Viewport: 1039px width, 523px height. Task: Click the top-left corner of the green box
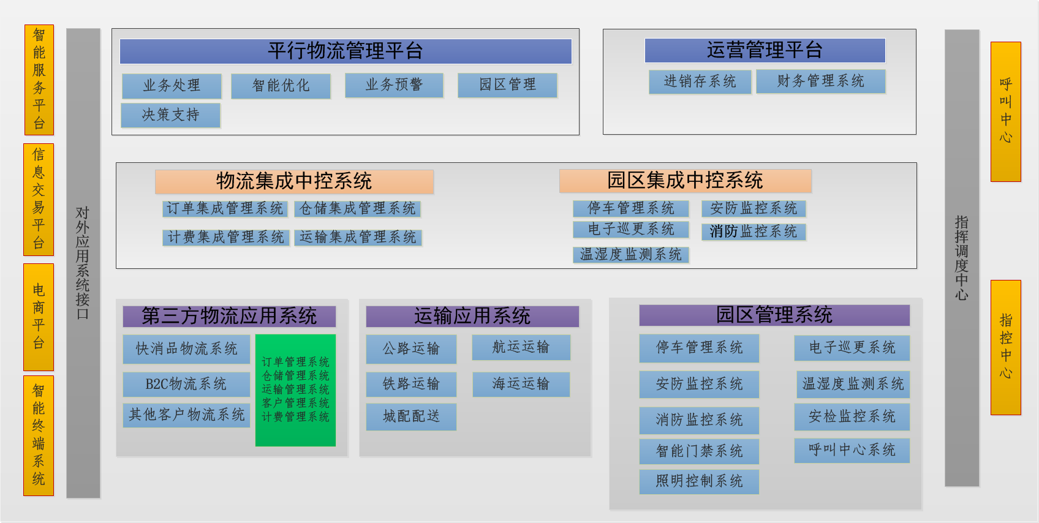coord(255,335)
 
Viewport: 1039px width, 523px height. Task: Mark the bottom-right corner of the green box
coord(336,446)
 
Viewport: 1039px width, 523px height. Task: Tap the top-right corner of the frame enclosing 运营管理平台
coord(916,29)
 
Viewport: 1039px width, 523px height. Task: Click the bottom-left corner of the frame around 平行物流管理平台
coord(111,135)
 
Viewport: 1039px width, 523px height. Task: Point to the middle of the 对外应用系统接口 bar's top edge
coord(83,29)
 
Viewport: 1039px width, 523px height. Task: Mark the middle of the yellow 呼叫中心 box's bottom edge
coord(1005,181)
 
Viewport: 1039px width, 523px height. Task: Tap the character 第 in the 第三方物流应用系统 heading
coord(151,316)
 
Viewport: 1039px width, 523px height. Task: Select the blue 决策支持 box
coord(171,115)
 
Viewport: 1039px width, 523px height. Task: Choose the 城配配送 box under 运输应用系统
coord(412,416)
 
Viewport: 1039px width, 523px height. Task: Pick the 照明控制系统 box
coord(699,481)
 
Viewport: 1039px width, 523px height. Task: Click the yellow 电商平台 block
coord(39,317)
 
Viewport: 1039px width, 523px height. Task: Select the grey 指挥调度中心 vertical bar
coord(962,258)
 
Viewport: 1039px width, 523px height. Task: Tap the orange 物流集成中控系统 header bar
coord(295,181)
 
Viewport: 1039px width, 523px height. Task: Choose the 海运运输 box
coord(521,384)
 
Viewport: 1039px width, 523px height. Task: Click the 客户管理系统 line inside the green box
coord(295,403)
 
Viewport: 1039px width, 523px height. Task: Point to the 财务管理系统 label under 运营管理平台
coord(820,81)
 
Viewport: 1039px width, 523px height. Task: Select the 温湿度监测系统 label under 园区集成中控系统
coord(631,255)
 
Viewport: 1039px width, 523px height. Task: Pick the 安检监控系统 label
coord(852,416)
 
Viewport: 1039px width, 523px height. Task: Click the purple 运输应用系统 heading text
coord(472,316)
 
